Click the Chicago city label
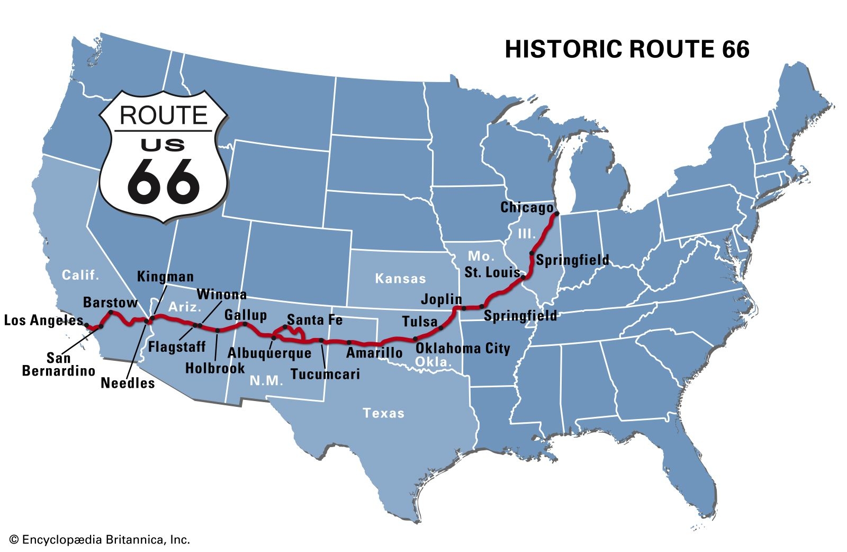tap(527, 207)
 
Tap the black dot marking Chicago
tap(556, 215)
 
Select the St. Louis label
tap(492, 272)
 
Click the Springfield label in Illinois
tap(572, 260)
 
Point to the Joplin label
tap(441, 299)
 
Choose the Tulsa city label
tap(420, 322)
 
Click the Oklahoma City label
tap(463, 348)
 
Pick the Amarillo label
tap(374, 353)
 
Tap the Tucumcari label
tap(325, 374)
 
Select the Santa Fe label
tap(314, 320)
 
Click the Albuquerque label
tap(269, 353)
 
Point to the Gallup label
tap(246, 315)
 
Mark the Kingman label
tap(165, 277)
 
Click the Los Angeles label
tap(43, 320)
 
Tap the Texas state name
tap(383, 413)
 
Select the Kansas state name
tap(400, 279)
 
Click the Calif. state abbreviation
tap(80, 275)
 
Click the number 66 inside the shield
tap(163, 181)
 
